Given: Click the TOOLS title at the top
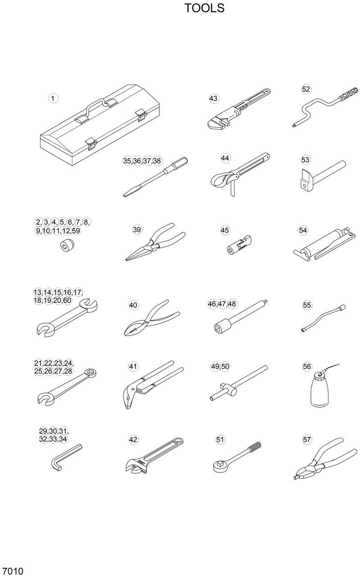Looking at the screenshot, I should tap(204, 8).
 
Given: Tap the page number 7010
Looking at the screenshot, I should tap(12, 572).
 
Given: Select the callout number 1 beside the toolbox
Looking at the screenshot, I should tap(54, 98).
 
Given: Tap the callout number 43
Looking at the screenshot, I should tap(213, 99).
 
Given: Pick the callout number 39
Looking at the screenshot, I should tap(137, 229).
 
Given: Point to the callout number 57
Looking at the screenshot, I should tap(307, 440).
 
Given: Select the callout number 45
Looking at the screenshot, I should tap(225, 230).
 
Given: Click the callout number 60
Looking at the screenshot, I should tap(67, 300).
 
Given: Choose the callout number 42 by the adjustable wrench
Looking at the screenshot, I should tap(133, 440).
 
